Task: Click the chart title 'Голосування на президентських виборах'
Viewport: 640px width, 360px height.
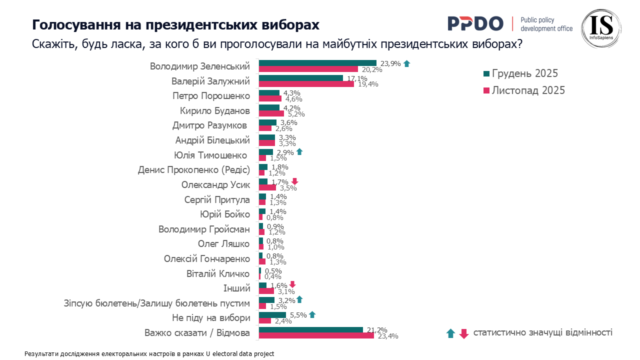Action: click(x=175, y=25)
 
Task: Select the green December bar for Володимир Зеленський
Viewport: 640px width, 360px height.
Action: click(x=317, y=63)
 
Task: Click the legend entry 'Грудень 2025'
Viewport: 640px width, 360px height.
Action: click(x=524, y=73)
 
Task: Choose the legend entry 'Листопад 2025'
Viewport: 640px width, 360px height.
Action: click(x=528, y=90)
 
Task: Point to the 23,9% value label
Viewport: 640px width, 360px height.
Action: click(x=390, y=63)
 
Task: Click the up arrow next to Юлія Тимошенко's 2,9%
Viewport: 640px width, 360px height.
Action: click(x=299, y=151)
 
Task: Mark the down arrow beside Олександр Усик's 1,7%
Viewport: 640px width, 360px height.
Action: click(x=295, y=181)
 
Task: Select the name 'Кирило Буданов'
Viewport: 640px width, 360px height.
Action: click(x=214, y=111)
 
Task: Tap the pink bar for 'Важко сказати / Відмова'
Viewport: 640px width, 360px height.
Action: click(x=316, y=335)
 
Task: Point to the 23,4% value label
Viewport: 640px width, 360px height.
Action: click(x=387, y=336)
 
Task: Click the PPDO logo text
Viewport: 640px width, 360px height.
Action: click(x=475, y=23)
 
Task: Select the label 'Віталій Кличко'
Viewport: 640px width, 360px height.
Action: click(x=218, y=273)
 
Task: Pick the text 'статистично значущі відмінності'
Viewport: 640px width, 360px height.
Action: click(x=542, y=332)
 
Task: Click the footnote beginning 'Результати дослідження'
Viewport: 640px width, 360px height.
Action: click(x=149, y=353)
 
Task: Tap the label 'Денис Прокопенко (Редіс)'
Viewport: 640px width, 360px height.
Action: click(x=193, y=170)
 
